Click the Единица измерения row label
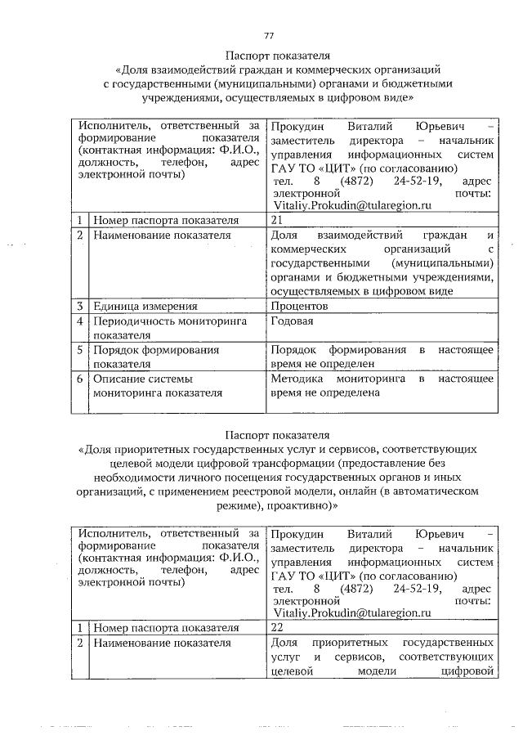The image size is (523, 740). (145, 306)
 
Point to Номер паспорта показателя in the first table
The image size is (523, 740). (165, 220)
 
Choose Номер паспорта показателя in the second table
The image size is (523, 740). (165, 627)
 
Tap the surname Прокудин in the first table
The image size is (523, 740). (297, 128)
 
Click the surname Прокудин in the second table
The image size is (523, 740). (297, 534)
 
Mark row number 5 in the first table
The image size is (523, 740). (80, 350)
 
